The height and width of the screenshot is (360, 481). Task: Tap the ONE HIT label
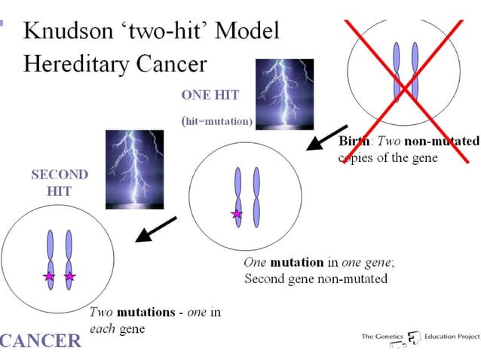pyautogui.click(x=210, y=96)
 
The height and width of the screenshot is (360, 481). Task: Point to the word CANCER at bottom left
pyautogui.click(x=42, y=340)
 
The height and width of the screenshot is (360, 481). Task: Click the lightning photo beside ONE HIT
pyautogui.click(x=285, y=94)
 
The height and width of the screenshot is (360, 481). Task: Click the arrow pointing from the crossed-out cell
pyautogui.click(x=326, y=138)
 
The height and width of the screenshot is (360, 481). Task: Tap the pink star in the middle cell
pyautogui.click(x=237, y=215)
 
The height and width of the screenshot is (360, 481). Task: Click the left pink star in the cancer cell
pyautogui.click(x=50, y=276)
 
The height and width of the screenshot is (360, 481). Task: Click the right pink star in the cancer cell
pyautogui.click(x=70, y=276)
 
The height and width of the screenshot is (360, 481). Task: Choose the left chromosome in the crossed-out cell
pyautogui.click(x=397, y=73)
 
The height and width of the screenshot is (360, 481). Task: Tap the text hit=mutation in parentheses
pyautogui.click(x=218, y=121)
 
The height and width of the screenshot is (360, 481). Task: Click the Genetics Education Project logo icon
pyautogui.click(x=413, y=338)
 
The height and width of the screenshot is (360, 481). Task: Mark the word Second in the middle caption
pyautogui.click(x=265, y=279)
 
